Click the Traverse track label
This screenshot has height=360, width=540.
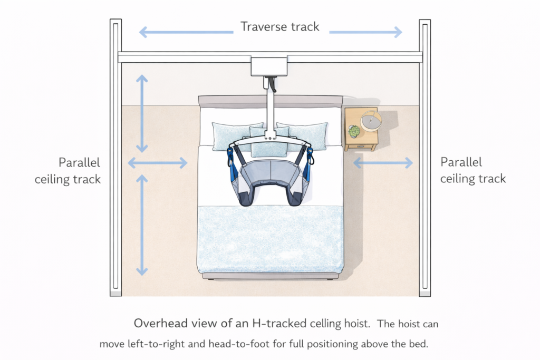[280, 26]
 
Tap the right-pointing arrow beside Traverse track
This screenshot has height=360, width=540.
[365, 33]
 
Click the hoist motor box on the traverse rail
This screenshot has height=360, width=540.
[269, 66]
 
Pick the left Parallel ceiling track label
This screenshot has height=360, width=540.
[67, 171]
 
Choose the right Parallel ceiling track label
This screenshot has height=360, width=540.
[473, 170]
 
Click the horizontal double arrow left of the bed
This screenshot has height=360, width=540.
[158, 163]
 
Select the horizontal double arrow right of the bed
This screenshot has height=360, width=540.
[382, 163]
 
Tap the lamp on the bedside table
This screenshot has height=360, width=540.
[371, 121]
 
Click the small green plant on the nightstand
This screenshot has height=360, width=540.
[354, 131]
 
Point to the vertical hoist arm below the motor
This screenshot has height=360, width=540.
[270, 108]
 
